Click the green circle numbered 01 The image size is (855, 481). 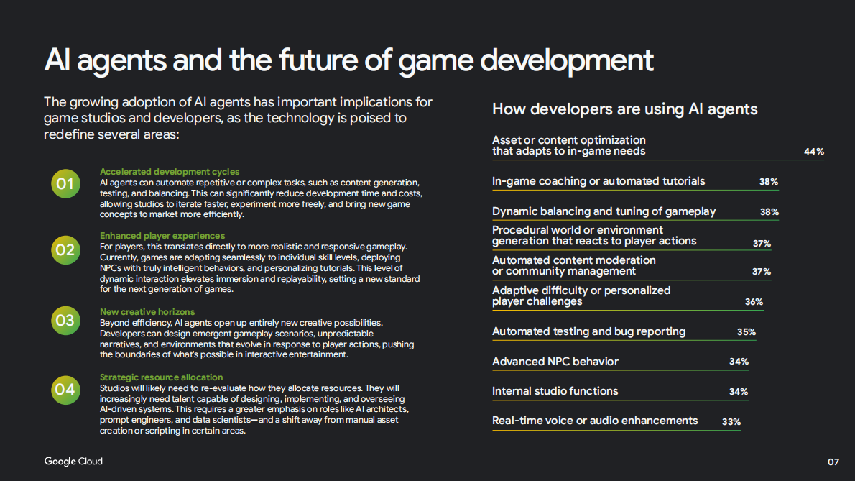tap(65, 184)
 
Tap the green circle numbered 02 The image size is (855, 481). tap(65, 249)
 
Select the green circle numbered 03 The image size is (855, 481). tap(65, 320)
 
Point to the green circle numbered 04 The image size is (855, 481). tap(65, 390)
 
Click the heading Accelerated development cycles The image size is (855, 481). tap(169, 172)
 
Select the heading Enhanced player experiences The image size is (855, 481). tap(162, 236)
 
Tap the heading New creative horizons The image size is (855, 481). tap(147, 312)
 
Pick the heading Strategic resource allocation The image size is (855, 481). tap(161, 377)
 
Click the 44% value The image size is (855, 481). tap(814, 152)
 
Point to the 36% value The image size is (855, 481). tap(754, 301)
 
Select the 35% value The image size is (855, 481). tap(747, 331)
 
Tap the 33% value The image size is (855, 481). tap(731, 421)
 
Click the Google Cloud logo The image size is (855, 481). tap(73, 462)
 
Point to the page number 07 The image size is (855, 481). tap(833, 462)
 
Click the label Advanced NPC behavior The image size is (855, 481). tap(555, 362)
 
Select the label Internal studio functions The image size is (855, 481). tap(555, 391)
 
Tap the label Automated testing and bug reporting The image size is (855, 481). tap(589, 331)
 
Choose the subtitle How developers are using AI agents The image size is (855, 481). tap(625, 109)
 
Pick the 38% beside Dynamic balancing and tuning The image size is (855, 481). tap(769, 211)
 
